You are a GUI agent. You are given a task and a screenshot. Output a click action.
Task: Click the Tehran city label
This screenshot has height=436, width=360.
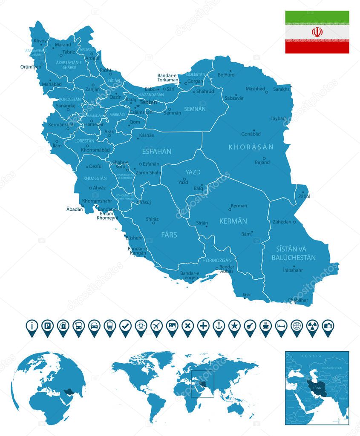point(148,102)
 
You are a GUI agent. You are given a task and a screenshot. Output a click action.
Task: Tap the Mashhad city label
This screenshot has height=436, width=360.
point(255,89)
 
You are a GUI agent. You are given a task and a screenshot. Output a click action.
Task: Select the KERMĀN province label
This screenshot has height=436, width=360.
point(233,221)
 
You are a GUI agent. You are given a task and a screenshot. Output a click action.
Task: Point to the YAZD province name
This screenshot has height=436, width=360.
point(193,172)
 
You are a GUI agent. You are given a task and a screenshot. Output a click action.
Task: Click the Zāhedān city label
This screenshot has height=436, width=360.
point(282,222)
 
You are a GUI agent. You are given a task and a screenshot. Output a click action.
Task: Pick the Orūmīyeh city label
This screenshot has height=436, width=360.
point(31,66)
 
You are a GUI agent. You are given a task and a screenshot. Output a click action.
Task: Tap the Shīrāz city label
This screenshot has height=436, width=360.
point(152,219)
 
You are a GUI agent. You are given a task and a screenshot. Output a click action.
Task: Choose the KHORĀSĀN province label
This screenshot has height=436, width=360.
point(251,147)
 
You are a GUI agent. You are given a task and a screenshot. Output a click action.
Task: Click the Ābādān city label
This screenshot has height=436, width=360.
point(75,209)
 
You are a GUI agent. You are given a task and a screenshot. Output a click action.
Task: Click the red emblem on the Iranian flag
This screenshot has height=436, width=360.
point(317,32)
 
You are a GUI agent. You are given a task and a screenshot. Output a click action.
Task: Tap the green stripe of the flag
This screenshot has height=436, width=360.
point(317,17)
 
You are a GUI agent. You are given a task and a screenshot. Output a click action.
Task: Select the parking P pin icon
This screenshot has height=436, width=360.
point(47,326)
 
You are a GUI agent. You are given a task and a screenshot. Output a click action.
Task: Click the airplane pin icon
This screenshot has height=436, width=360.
point(156,326)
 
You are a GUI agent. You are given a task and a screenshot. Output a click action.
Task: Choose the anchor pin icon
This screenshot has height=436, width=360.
point(219,326)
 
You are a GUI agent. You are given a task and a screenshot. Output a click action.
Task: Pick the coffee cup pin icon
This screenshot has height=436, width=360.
point(265,326)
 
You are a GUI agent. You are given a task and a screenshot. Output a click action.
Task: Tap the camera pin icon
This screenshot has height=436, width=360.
point(328,326)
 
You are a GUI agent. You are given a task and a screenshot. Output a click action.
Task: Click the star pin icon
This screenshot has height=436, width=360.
point(234,326)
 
